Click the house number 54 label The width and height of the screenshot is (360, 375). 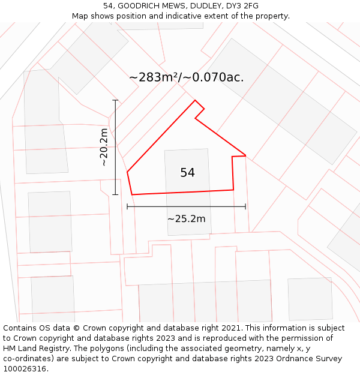[x=187, y=173]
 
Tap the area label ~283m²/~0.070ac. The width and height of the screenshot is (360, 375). [x=186, y=77]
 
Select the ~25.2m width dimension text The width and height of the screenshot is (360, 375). [x=186, y=218]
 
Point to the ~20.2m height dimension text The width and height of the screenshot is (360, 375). [x=104, y=147]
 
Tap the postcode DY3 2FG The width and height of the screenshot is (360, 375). [x=242, y=6]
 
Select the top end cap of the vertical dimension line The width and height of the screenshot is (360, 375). [x=115, y=100]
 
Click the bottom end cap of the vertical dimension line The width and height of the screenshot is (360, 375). [x=115, y=194]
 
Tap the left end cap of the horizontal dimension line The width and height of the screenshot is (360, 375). [x=127, y=206]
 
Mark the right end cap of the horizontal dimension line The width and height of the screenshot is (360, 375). [x=245, y=206]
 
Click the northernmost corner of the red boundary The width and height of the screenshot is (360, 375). [x=195, y=100]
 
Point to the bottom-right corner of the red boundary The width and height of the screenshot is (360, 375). [x=233, y=190]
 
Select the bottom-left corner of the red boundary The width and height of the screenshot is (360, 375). [x=131, y=194]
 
